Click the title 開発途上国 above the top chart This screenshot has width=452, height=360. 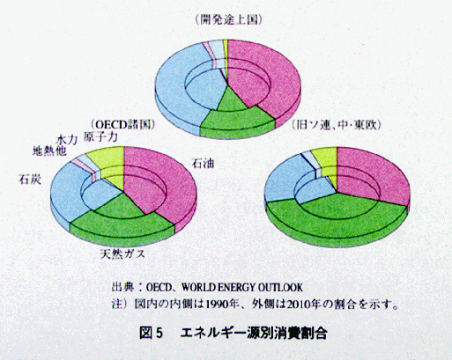228,20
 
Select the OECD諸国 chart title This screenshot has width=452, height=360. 123,125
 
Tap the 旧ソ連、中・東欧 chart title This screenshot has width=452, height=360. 337,125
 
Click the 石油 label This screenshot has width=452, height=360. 203,163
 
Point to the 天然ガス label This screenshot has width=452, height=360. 122,254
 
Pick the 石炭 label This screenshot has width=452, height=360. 30,179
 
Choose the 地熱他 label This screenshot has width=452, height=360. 49,151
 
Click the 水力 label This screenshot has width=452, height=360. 67,139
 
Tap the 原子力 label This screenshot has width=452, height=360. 100,136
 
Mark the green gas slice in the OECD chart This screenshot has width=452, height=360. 123,223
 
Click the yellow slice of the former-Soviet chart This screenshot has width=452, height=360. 326,158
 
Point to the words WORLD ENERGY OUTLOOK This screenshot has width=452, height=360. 241,287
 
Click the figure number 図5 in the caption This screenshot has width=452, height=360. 151,334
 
